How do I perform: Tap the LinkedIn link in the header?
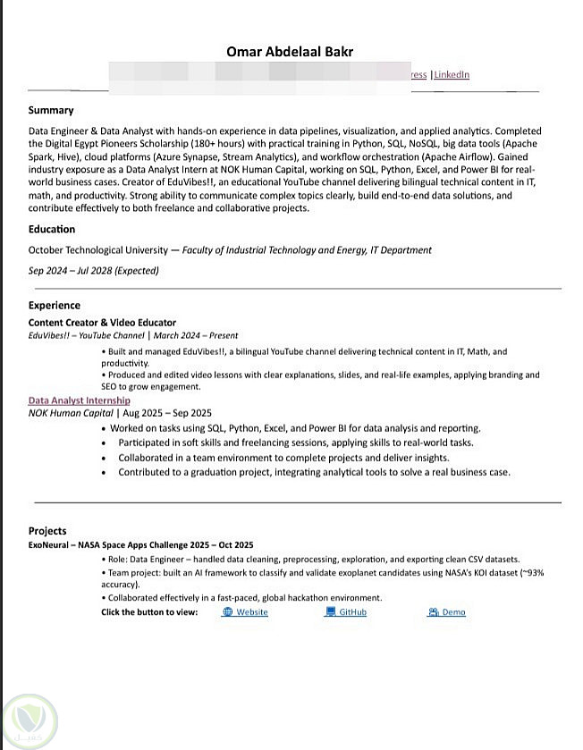pos(452,75)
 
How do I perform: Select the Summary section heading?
pos(51,111)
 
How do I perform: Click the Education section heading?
pos(52,230)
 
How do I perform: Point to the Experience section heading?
pos(55,306)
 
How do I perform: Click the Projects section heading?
pos(47,531)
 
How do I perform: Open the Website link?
pos(251,612)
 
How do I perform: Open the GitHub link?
pos(352,612)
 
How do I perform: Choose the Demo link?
pos(453,612)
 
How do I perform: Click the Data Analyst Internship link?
pos(79,401)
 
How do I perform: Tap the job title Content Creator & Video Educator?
pos(102,323)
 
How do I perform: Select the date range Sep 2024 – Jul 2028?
pos(94,271)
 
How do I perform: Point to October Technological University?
pos(97,250)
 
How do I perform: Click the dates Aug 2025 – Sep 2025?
pos(167,413)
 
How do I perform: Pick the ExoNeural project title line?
pos(140,544)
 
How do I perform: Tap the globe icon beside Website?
pos(228,612)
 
